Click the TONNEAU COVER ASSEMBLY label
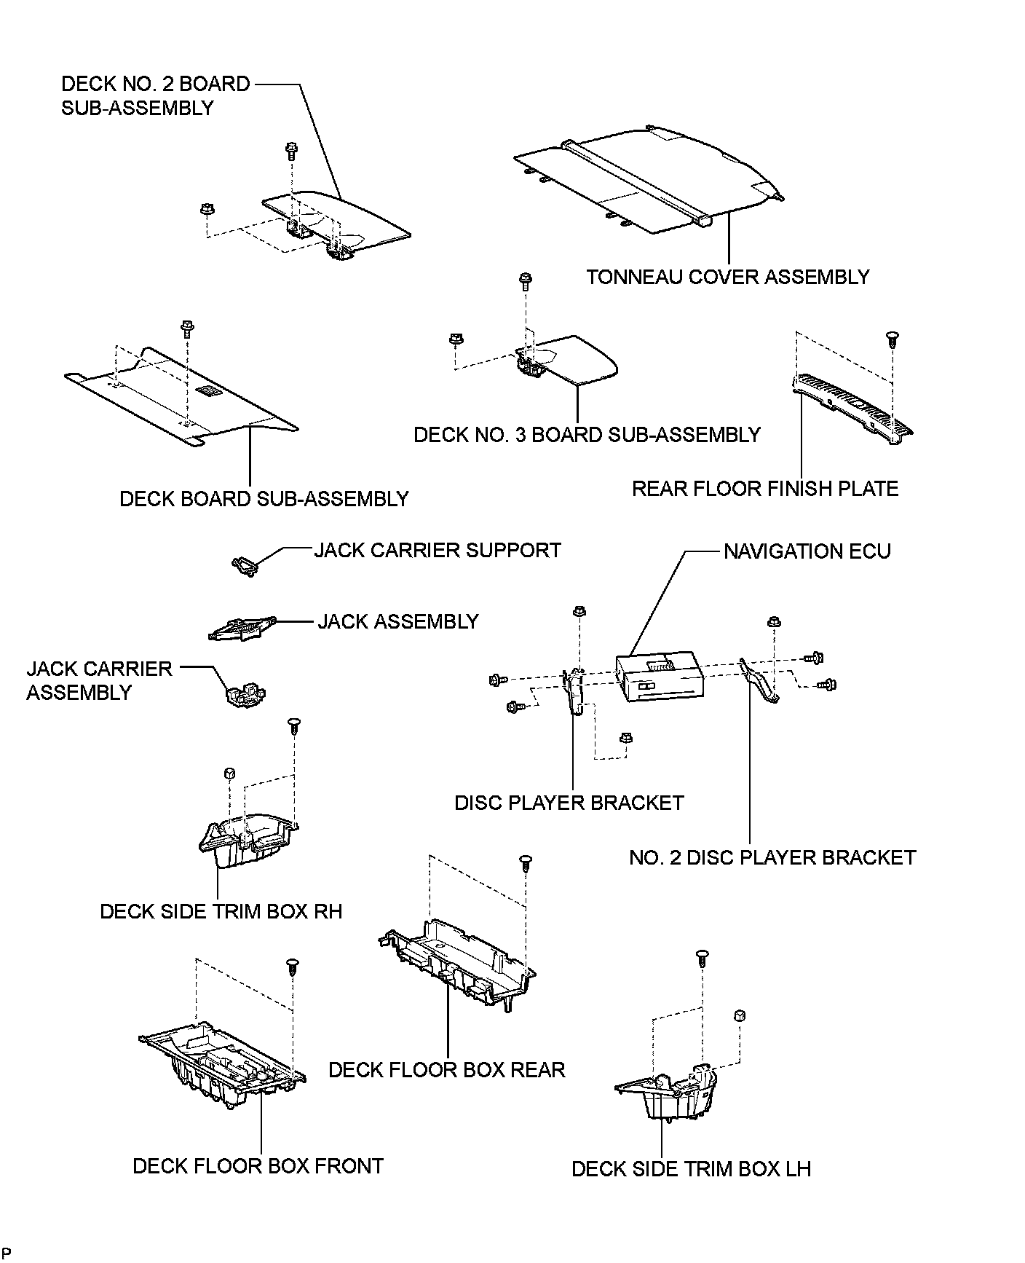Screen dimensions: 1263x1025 (728, 278)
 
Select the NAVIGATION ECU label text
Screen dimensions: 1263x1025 (807, 551)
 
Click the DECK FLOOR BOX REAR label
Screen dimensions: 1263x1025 (446, 1070)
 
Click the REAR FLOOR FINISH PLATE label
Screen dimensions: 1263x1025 (765, 489)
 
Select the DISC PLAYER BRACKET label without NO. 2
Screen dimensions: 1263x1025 (569, 803)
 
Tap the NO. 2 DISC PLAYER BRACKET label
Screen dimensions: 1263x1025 (772, 857)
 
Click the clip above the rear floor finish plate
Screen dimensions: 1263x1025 (890, 339)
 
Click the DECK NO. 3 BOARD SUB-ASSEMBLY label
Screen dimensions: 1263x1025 (587, 435)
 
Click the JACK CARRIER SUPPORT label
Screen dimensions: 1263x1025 (438, 550)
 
